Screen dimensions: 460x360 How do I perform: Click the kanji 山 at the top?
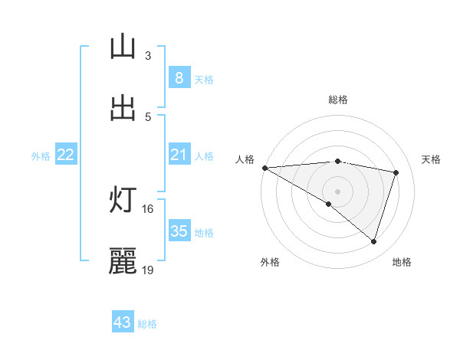tap(123, 47)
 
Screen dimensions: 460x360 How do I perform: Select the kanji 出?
tap(123, 109)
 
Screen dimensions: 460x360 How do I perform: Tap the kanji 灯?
tap(123, 201)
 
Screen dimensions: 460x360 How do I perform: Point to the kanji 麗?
tap(123, 262)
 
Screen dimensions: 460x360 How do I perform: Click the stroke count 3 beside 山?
tap(148, 55)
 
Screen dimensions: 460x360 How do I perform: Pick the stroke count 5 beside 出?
tap(148, 116)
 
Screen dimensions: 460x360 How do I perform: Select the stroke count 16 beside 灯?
tap(148, 208)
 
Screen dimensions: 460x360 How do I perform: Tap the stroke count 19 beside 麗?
tap(148, 270)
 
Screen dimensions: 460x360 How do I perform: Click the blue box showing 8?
tap(179, 77)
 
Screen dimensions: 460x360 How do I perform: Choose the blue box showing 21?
tap(179, 155)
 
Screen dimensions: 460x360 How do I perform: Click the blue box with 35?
tap(179, 231)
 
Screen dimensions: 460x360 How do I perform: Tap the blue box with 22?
tap(66, 155)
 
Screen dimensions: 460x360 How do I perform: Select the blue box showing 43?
tap(123, 322)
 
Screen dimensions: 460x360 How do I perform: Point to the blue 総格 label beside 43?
tap(147, 324)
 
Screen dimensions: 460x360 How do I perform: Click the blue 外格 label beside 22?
tap(41, 156)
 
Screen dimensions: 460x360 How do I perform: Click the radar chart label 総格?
tap(337, 100)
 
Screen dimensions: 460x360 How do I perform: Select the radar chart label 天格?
tap(432, 159)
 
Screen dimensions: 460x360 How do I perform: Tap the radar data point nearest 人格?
tap(264, 168)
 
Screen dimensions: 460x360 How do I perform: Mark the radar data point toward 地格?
tap(373, 241)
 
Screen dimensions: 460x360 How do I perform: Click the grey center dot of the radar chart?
tap(337, 191)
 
